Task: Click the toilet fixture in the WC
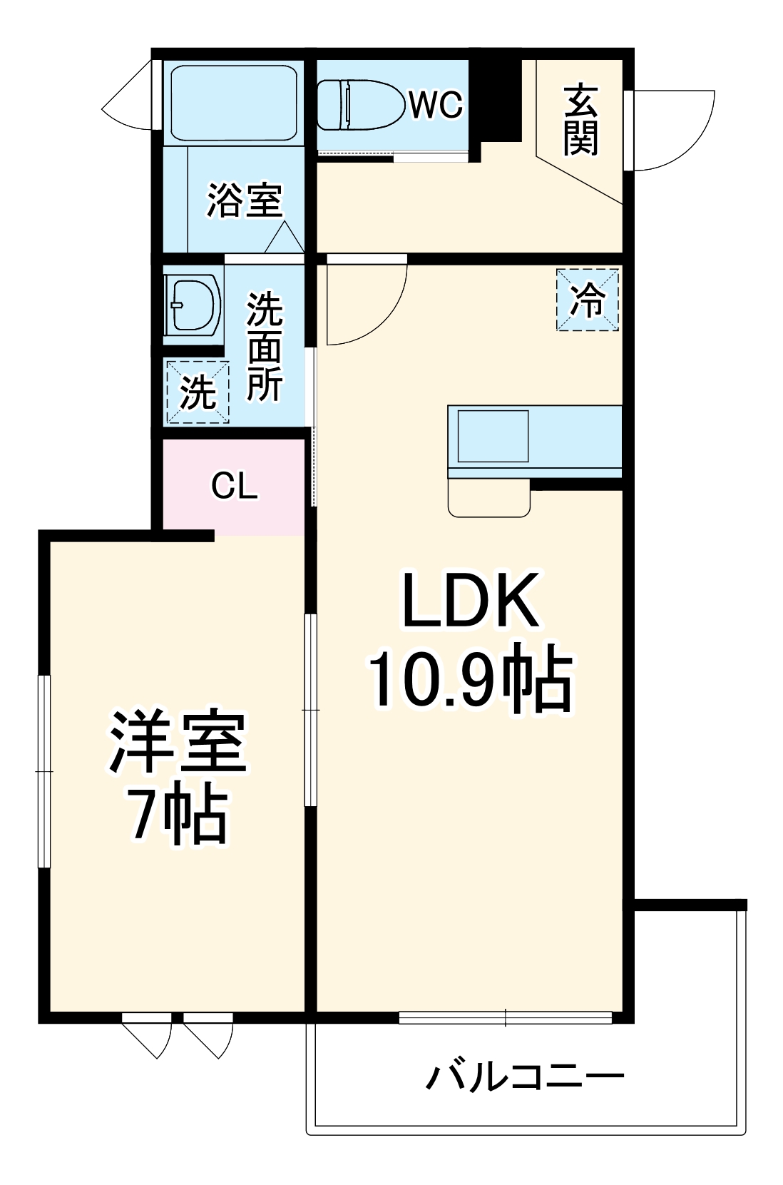click(360, 105)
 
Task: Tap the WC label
click(436, 105)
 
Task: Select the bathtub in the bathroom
click(234, 103)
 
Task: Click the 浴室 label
click(245, 200)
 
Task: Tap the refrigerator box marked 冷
click(588, 300)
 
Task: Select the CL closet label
click(234, 487)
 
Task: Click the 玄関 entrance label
click(580, 120)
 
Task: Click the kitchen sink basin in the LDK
click(493, 436)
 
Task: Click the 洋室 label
click(178, 743)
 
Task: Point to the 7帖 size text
click(178, 816)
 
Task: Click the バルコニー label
click(526, 1076)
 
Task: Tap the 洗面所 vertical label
click(265, 347)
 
